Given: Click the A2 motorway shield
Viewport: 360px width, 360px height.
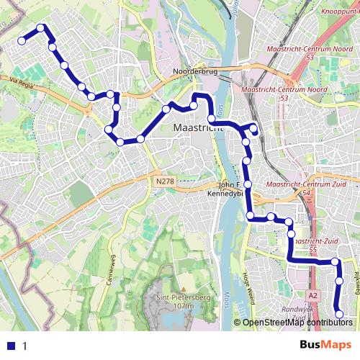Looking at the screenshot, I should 312,295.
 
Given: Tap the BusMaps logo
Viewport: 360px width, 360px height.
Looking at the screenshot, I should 326,345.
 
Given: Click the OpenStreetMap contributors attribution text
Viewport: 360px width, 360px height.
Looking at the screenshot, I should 297,323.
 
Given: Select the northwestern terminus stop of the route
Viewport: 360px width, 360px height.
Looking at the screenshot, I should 22,41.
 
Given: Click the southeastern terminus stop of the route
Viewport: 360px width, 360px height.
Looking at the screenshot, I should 340,312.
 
